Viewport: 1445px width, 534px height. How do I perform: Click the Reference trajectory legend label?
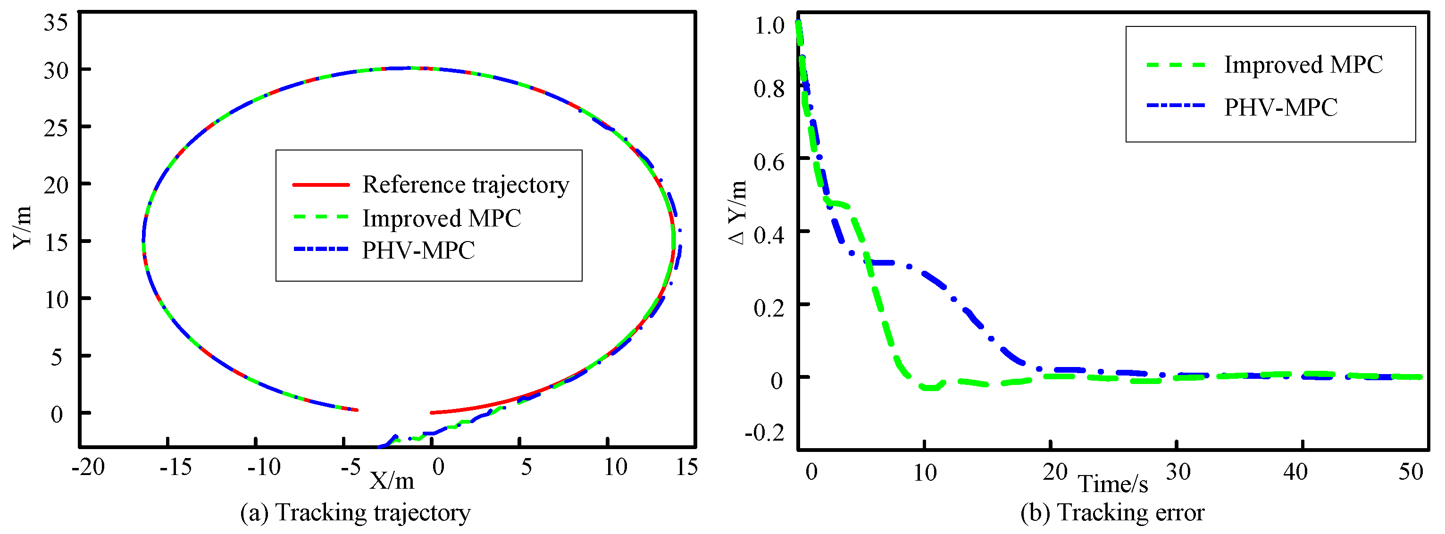pyautogui.click(x=466, y=184)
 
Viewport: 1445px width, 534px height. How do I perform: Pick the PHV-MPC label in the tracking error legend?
pyautogui.click(x=1281, y=107)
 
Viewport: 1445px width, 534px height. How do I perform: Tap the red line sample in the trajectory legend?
pyautogui.click(x=321, y=184)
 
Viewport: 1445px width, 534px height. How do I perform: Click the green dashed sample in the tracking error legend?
pyautogui.click(x=1175, y=65)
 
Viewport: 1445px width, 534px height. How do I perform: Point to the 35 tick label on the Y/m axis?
pyautogui.click(x=56, y=23)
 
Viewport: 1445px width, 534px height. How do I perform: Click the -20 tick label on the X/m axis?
pyautogui.click(x=88, y=467)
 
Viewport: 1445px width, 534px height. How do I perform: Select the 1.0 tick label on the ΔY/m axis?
pyautogui.click(x=769, y=26)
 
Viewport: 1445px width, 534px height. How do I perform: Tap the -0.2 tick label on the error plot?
pyautogui.click(x=764, y=433)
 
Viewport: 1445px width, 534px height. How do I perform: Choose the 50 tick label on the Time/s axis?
pyautogui.click(x=1410, y=472)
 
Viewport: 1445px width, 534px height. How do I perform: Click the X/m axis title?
pyautogui.click(x=392, y=481)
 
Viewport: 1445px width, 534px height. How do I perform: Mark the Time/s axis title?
pyautogui.click(x=1113, y=484)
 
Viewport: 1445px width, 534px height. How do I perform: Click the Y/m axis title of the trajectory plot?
pyautogui.click(x=23, y=227)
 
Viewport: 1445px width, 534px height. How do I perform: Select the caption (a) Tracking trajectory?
pyautogui.click(x=355, y=513)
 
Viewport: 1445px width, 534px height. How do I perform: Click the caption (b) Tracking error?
pyautogui.click(x=1112, y=513)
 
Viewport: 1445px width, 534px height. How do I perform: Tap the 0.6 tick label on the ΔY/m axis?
pyautogui.click(x=769, y=162)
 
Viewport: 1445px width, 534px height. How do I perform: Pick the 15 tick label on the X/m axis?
pyautogui.click(x=686, y=467)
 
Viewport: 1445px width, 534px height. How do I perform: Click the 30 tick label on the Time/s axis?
pyautogui.click(x=1178, y=472)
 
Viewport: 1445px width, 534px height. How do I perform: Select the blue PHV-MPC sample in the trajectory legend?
pyautogui.click(x=321, y=249)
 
